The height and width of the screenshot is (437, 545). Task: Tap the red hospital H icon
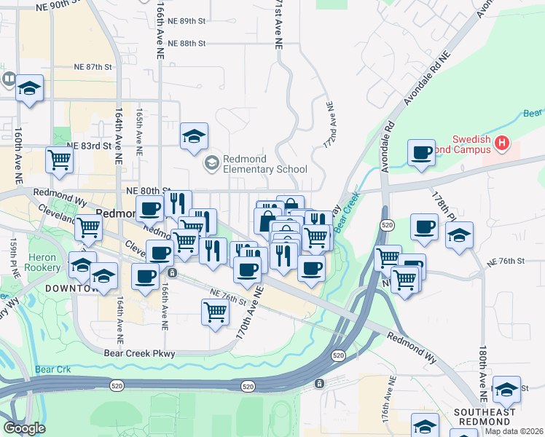501,143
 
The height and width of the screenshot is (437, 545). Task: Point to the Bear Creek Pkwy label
140,353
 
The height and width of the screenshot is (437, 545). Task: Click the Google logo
23,428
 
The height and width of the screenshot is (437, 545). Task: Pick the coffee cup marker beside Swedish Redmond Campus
421,153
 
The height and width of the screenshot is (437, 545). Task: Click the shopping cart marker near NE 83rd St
59,160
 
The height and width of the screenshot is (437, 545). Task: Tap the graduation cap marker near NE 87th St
30,89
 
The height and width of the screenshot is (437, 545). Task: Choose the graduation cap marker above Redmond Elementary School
195,135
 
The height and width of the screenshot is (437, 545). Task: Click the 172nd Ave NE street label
330,124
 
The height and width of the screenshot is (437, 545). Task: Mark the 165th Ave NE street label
139,131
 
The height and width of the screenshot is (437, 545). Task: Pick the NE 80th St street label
147,190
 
